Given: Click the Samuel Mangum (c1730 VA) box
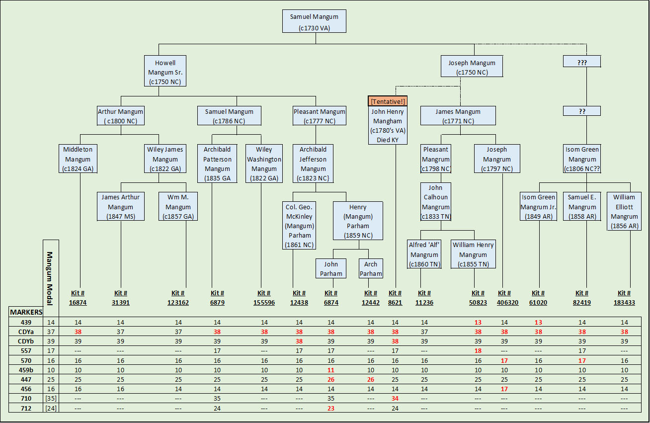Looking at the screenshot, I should (x=314, y=21).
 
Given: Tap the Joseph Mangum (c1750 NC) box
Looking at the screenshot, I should (x=472, y=67).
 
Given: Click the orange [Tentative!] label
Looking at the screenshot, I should (x=388, y=101).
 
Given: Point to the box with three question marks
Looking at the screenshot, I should (x=582, y=62).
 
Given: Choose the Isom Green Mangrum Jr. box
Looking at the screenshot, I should (x=538, y=206).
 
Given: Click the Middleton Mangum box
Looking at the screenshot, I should (x=78, y=159).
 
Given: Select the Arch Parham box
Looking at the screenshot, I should (x=371, y=268).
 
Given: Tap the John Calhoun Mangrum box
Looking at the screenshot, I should (x=435, y=201).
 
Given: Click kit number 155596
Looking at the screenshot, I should (x=264, y=302).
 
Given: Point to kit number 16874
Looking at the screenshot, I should (x=78, y=302).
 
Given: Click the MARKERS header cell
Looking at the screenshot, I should (x=26, y=312).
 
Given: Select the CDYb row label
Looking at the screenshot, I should (x=25, y=341).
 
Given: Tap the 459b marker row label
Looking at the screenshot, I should (x=25, y=370).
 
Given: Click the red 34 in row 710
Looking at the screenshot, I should (x=395, y=399).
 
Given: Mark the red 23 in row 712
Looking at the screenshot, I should (x=331, y=408).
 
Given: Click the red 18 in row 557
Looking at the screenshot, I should (x=478, y=351).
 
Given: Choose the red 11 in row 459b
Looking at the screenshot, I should (x=331, y=370).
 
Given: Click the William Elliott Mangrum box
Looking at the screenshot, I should (x=624, y=211).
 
